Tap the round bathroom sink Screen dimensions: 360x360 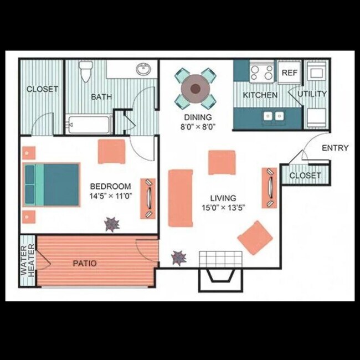point(144,70)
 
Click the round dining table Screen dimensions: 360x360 point(196,87)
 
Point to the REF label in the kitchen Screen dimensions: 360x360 point(290,73)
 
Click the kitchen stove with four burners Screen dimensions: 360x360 point(261,72)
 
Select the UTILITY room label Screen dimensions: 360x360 point(312,94)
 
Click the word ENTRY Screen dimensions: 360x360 point(335,148)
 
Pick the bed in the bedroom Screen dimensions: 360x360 point(51,184)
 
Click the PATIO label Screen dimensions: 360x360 point(85,264)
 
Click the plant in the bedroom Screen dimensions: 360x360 point(112,224)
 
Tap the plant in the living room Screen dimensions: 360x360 point(178,257)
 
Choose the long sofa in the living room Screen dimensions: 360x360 point(180,198)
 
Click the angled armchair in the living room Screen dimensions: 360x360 point(255,238)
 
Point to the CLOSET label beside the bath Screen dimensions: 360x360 point(42,89)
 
